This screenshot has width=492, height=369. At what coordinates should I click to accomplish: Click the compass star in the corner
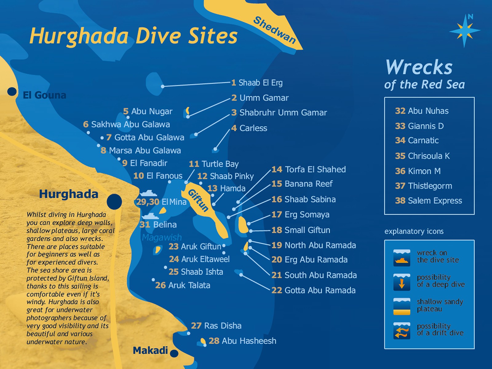tap(464, 31)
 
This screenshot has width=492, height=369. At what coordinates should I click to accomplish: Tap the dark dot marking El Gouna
tap(12, 91)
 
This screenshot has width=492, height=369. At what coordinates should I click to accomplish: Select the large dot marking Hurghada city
tap(114, 202)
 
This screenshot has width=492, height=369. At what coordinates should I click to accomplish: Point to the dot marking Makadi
tap(174, 353)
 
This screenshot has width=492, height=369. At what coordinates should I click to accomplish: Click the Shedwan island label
tap(274, 30)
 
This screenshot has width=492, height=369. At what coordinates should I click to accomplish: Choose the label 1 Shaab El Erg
tap(257, 83)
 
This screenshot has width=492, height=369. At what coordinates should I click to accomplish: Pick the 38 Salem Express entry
tap(428, 201)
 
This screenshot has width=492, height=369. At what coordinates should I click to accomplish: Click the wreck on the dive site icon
tap(402, 258)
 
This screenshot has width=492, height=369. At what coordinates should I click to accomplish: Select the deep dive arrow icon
tap(402, 282)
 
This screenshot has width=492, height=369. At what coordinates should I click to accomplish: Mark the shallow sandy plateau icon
tap(402, 306)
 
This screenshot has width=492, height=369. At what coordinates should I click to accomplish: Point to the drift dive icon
tap(402, 331)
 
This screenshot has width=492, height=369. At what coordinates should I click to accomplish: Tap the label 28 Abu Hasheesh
tap(242, 341)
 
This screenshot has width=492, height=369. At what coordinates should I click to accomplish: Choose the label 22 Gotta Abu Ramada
tap(313, 290)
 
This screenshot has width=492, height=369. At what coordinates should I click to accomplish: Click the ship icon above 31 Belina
tap(150, 216)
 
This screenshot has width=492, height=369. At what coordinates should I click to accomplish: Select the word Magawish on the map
tap(162, 237)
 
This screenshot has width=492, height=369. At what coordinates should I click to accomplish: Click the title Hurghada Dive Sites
tap(133, 36)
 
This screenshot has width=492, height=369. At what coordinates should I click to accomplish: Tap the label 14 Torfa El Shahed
tap(308, 169)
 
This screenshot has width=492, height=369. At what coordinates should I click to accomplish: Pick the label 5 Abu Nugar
tap(148, 111)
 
